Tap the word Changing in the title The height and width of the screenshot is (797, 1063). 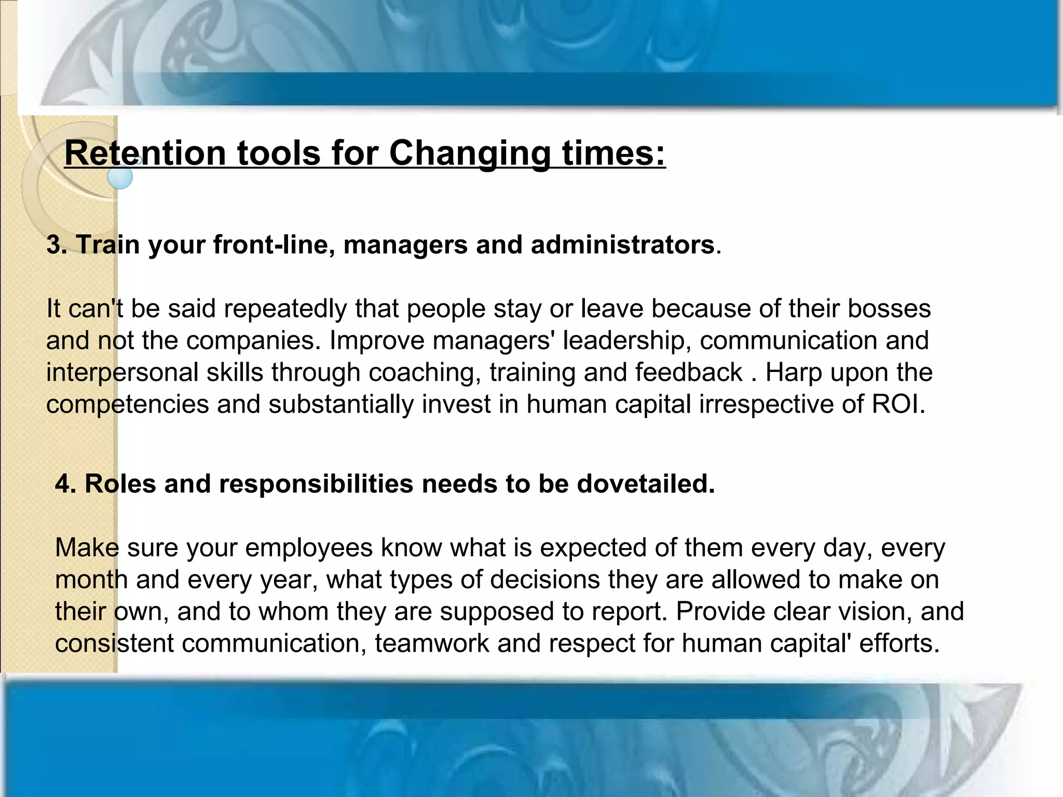pyautogui.click(x=469, y=155)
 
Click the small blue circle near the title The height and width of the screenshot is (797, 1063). pyautogui.click(x=120, y=177)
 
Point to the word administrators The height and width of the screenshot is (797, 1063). pyautogui.click(x=622, y=244)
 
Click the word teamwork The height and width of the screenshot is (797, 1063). pyautogui.click(x=432, y=643)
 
